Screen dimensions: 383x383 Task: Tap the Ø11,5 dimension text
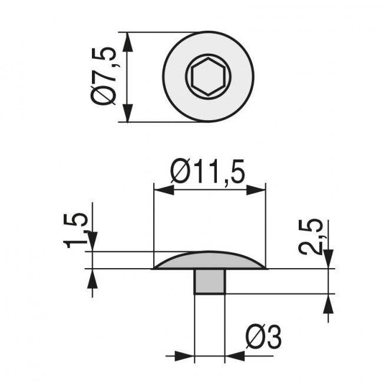(207, 172)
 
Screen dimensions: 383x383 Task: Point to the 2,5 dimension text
(311, 237)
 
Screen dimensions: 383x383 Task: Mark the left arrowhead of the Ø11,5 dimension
(163, 189)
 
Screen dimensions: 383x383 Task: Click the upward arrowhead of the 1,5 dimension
(91, 278)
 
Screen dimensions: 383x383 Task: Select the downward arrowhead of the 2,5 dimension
(328, 258)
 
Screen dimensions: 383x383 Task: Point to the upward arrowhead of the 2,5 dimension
(328, 303)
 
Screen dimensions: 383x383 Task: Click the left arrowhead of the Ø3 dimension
(186, 356)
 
